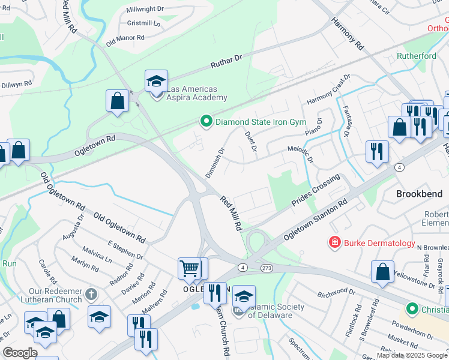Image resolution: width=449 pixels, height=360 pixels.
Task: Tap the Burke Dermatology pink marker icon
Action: click(x=334, y=243)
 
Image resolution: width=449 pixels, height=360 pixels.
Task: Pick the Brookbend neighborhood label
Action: click(x=419, y=194)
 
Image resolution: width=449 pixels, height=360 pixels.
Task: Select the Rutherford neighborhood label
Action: click(x=416, y=56)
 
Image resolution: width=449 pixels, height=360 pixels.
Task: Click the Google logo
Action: click(x=20, y=353)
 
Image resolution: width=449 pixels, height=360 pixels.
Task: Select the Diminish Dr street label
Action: click(x=214, y=163)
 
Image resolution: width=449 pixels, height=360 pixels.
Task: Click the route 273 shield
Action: click(x=267, y=266)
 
